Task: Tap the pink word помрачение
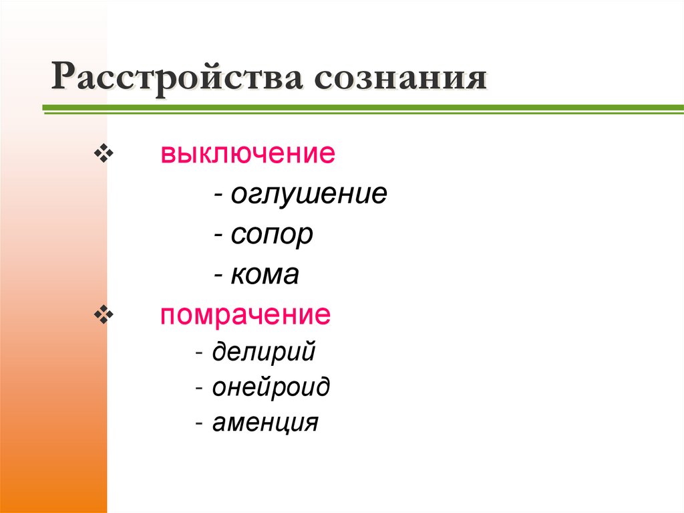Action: click(x=245, y=314)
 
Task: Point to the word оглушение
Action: click(x=309, y=195)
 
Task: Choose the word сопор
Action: click(x=272, y=235)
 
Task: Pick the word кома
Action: click(x=265, y=275)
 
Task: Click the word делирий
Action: click(x=264, y=352)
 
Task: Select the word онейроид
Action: click(x=271, y=387)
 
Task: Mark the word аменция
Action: click(x=266, y=423)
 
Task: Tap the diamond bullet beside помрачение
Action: click(x=105, y=315)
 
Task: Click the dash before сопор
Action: click(x=219, y=236)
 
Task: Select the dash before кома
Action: click(x=219, y=276)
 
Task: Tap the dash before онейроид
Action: click(x=201, y=389)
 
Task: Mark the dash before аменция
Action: click(x=201, y=424)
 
